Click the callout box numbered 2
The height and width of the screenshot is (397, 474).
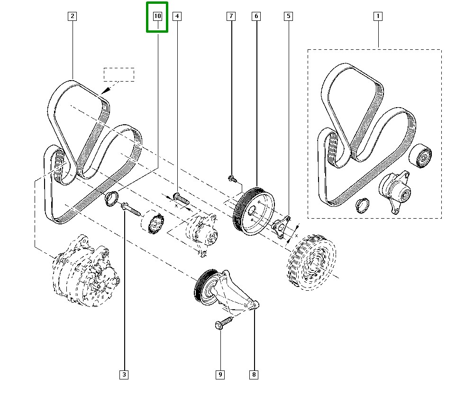72,17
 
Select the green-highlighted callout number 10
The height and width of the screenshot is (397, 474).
157,17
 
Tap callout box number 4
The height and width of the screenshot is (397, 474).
177,17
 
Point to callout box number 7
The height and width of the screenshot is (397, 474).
231,17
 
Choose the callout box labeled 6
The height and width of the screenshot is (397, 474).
256,17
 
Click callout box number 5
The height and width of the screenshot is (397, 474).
288,17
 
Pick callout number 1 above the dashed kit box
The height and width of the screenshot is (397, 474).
378,17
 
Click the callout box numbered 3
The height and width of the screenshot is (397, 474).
124,375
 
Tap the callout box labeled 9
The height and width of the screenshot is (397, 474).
220,375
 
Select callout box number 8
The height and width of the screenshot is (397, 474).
254,375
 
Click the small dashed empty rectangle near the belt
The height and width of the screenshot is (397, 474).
119,74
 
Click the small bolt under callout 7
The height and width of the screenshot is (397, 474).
232,178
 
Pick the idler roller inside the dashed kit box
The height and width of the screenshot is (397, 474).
420,155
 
